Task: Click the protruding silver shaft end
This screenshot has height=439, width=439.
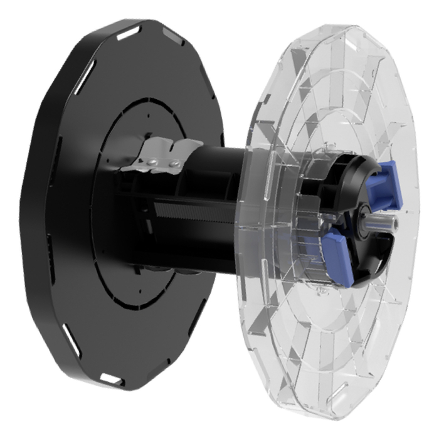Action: coord(389,221)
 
